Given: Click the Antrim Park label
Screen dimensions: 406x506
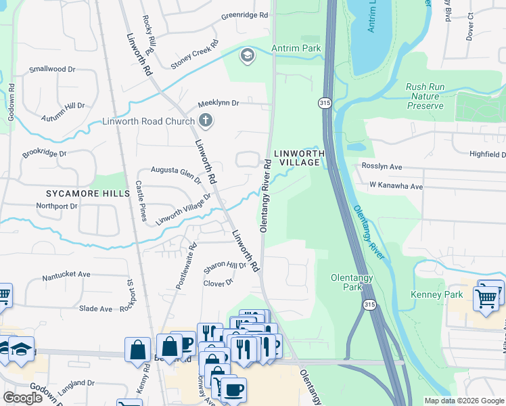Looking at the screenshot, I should coord(296,48).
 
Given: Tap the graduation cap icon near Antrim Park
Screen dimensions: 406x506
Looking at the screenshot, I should coord(247,55).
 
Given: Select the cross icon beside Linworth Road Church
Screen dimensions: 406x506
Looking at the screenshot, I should coord(206,122).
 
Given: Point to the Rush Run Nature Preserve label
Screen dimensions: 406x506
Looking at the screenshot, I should coord(425,96).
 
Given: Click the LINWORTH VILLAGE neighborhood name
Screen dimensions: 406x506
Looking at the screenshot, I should coord(295,158).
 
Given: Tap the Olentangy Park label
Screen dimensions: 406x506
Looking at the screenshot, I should coord(348,283).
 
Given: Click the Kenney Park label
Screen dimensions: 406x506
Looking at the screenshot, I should coord(437,294).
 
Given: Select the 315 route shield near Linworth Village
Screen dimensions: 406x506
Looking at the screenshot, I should coord(324,102).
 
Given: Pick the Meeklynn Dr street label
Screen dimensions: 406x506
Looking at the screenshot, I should coord(218,104).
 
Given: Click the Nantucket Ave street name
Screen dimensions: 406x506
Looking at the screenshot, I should coord(66,275).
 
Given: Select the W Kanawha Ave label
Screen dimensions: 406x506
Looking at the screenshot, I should coord(396,186).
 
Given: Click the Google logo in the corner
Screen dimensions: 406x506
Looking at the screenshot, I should coord(22,398).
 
